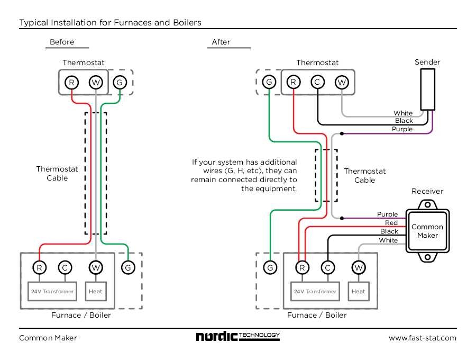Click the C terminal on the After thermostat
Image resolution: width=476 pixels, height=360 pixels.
coord(317,82)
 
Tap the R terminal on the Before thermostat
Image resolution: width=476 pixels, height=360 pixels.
coord(71,82)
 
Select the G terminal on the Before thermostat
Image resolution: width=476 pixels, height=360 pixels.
coord(120,82)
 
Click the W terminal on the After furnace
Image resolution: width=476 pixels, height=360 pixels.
coord(358,268)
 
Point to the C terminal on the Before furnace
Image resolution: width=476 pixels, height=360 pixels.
coord(65,268)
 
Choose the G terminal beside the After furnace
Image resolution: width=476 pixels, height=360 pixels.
coord(270,268)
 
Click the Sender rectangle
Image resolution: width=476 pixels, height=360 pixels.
coord(427,89)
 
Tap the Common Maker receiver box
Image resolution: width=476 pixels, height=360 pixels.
coord(427,231)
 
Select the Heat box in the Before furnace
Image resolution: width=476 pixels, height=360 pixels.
coord(96,291)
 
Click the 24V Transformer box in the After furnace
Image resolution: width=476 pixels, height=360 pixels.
coord(315,291)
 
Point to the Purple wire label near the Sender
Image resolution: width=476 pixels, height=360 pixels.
coord(402,129)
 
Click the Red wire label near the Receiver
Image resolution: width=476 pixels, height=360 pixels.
coord(391,223)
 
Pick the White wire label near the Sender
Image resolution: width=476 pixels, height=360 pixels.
coord(403,113)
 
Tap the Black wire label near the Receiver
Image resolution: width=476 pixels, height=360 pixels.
coord(389,231)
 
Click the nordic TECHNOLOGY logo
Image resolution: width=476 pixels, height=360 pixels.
coord(237,337)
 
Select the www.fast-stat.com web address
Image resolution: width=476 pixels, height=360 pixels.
coord(422,338)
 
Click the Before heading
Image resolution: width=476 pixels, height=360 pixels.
coord(62,42)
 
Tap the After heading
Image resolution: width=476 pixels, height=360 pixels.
coord(221,42)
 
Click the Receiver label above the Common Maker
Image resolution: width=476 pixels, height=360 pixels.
coord(427,191)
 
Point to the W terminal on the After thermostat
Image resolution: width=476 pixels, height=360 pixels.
coord(342,82)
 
